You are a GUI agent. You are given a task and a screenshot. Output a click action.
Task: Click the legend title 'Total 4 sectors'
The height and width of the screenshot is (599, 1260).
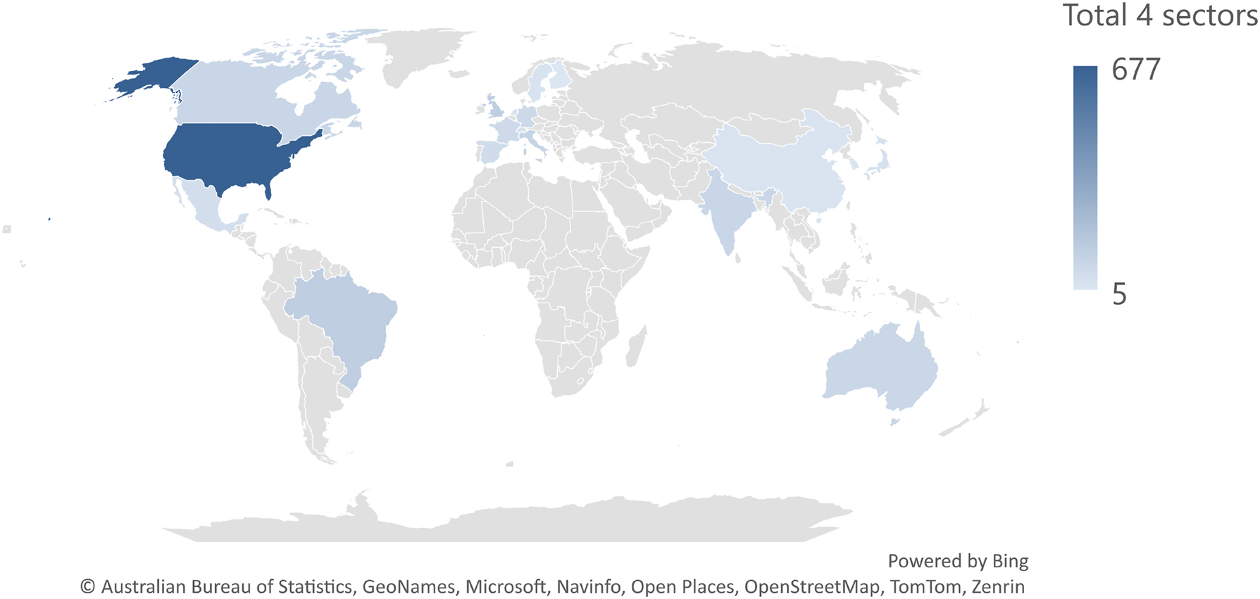click(1159, 15)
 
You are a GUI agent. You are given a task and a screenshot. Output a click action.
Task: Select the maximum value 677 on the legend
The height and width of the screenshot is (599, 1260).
click(1135, 70)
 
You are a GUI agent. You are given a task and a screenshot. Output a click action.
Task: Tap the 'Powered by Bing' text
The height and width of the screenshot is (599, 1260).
click(957, 561)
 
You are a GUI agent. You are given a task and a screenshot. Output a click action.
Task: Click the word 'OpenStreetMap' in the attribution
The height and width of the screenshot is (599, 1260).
click(811, 586)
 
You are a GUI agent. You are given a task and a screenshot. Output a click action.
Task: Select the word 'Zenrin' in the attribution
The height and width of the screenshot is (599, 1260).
click(998, 586)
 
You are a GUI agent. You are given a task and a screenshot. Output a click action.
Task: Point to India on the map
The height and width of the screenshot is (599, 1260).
click(725, 211)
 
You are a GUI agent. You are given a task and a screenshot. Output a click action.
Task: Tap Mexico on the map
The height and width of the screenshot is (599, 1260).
click(208, 204)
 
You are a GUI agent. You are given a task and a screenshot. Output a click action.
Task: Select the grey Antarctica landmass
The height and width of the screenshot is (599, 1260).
click(493, 524)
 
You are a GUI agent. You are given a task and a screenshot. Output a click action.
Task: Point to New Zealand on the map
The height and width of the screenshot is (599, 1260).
click(968, 419)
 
